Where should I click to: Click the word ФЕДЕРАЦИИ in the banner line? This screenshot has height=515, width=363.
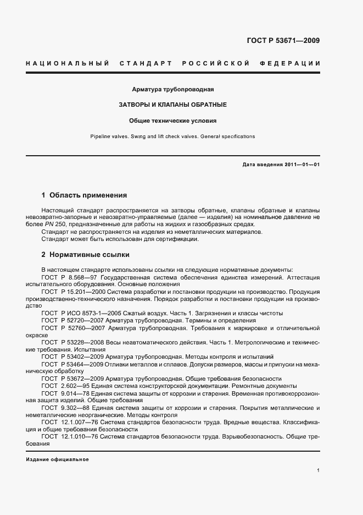294,64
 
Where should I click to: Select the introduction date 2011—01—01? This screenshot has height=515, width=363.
301,165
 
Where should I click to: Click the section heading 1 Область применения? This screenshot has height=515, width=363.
84,195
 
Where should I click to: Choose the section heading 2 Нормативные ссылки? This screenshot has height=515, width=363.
86,255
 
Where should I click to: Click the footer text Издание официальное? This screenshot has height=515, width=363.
57,459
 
